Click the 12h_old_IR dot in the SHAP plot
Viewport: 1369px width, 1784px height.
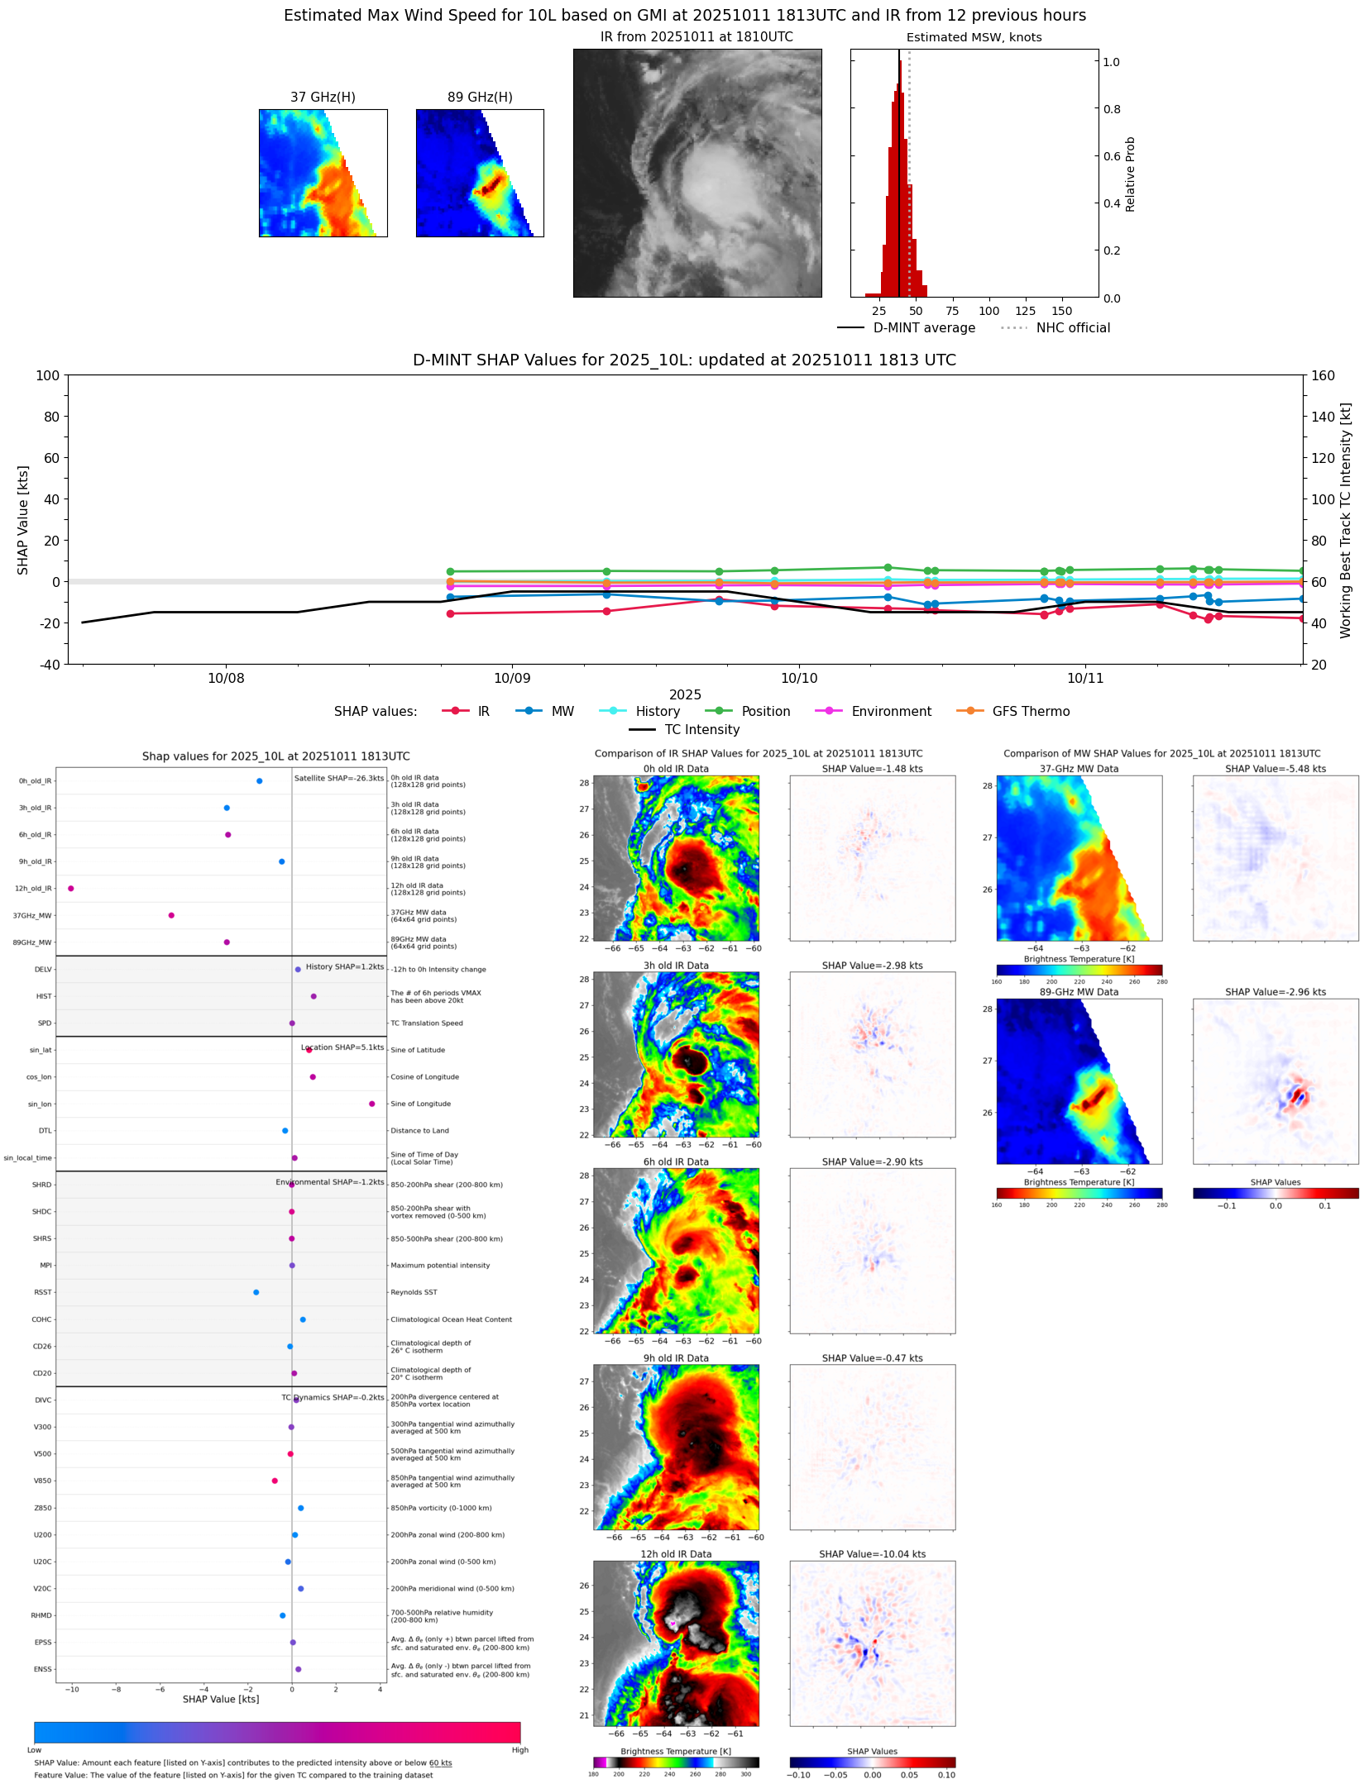pos(71,888)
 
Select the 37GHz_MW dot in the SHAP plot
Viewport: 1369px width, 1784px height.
pos(171,915)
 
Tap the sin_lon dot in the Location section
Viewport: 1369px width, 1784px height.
pos(372,1104)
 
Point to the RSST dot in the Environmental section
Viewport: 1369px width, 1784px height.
pos(256,1292)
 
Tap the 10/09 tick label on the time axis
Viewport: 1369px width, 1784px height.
pos(512,678)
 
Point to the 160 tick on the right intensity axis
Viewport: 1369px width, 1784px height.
pos(1324,375)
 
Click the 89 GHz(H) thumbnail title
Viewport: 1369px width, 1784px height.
pos(480,97)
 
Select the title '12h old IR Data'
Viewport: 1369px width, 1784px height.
pos(676,1554)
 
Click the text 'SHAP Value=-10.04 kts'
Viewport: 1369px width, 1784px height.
pos(872,1554)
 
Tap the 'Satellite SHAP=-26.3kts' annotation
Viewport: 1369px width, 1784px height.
pos(339,778)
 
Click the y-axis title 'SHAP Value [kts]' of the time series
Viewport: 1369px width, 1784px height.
pos(23,519)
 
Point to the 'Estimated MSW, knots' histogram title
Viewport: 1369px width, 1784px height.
pos(974,37)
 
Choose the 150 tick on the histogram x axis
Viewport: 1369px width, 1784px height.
pos(1061,311)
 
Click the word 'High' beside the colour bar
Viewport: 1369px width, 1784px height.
pos(519,1749)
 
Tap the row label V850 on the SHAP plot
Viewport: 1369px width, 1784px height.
pos(42,1481)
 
